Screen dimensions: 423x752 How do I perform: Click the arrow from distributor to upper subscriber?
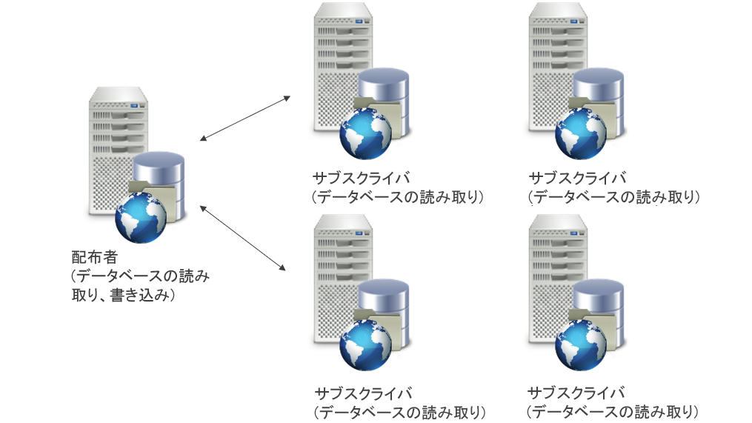click(245, 117)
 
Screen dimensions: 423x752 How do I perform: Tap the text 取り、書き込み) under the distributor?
click(122, 296)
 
